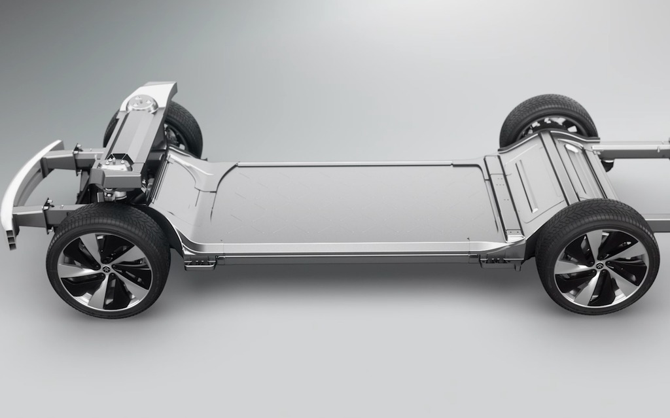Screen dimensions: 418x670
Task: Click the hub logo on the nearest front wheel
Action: pos(105,268)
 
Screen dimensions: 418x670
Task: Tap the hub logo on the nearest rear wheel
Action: pos(598,266)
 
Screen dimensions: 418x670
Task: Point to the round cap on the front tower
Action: pos(141,103)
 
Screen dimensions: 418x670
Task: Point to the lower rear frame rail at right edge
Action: pos(658,224)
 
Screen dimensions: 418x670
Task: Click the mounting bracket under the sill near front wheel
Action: pos(200,263)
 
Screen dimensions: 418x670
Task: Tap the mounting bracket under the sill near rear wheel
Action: pos(496,261)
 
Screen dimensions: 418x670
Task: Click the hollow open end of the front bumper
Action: pos(11,239)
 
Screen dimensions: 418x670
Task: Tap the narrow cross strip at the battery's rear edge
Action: pos(497,196)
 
